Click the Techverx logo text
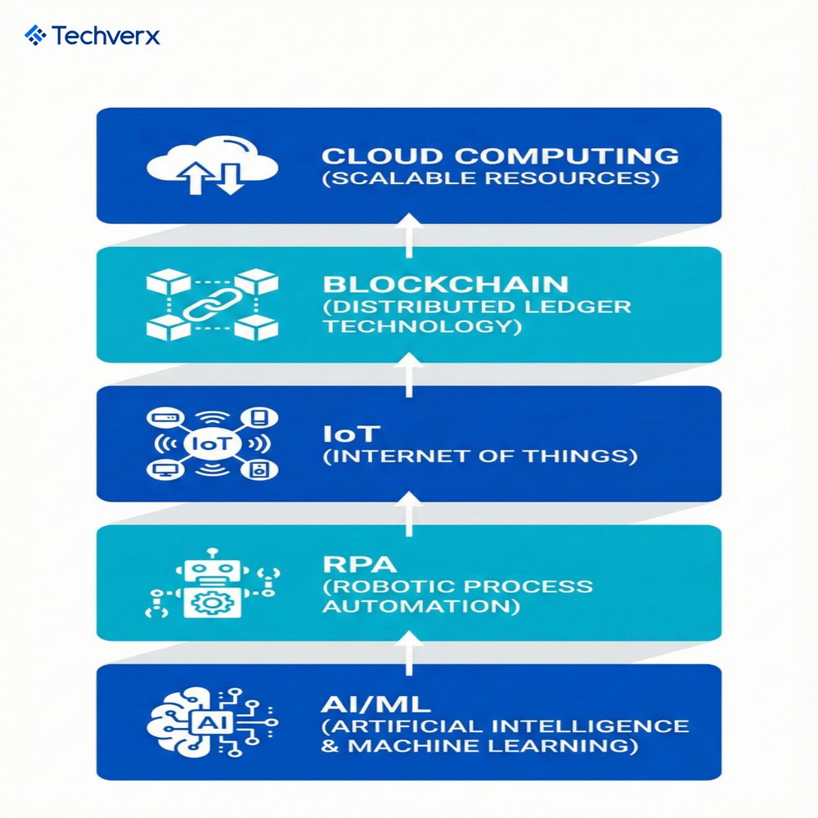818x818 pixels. (106, 36)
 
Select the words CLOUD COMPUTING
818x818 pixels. (500, 155)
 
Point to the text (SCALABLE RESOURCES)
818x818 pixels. (490, 178)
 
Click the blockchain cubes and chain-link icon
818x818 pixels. (212, 304)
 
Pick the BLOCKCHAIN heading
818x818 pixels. (445, 285)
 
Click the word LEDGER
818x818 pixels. (585, 307)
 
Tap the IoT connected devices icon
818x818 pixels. (212, 443)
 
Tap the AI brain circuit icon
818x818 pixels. (212, 722)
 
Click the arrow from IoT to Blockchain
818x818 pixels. (410, 374)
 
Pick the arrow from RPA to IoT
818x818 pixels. (410, 513)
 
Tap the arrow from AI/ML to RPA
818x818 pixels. (410, 652)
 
